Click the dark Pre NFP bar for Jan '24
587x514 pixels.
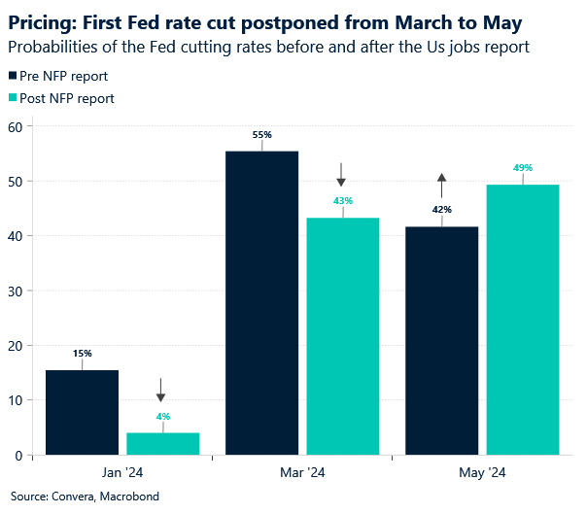pyautogui.click(x=82, y=412)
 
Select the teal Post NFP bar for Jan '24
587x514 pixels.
pyautogui.click(x=163, y=443)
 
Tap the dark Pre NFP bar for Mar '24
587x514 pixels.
pyautogui.click(x=261, y=302)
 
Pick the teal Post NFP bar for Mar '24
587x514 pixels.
pyautogui.click(x=343, y=335)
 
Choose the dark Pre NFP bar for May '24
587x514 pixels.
pyautogui.click(x=441, y=340)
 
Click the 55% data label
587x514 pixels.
pyautogui.click(x=261, y=135)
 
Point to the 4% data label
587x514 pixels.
pyautogui.click(x=163, y=417)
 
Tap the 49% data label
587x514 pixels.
pyautogui.click(x=523, y=168)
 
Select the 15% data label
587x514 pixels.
pyautogui.click(x=82, y=354)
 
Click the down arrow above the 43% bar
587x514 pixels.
pyautogui.click(x=342, y=175)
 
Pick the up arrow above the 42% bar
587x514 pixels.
pyautogui.click(x=441, y=185)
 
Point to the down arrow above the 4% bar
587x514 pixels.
pyautogui.click(x=161, y=391)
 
